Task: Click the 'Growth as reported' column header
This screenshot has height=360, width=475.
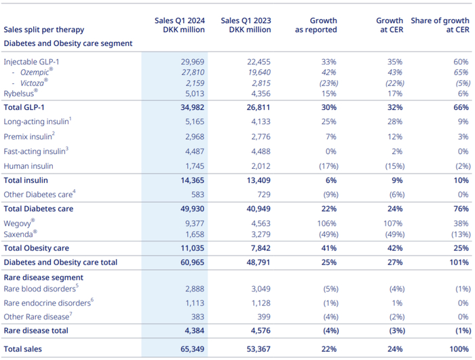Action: click(x=316, y=25)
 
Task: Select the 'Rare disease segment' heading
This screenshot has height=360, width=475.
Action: click(x=43, y=277)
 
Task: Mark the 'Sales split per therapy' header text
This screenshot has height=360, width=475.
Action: click(x=45, y=30)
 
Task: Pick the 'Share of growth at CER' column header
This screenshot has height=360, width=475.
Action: click(x=440, y=25)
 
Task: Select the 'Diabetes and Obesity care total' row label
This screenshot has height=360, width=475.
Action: click(x=60, y=262)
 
